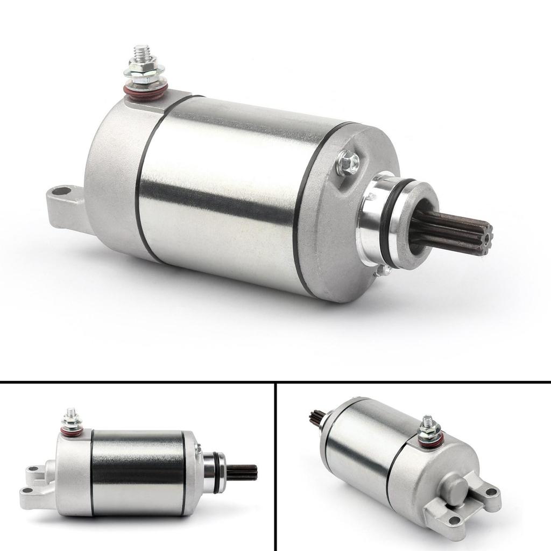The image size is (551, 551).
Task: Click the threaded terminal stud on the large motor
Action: click(x=142, y=54)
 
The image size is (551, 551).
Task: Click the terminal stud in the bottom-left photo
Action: click(x=70, y=415)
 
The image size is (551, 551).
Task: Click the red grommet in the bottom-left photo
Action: click(x=72, y=432)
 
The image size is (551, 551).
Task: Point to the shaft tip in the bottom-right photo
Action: click(x=316, y=416)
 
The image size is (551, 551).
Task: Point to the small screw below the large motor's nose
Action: click(x=384, y=271)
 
